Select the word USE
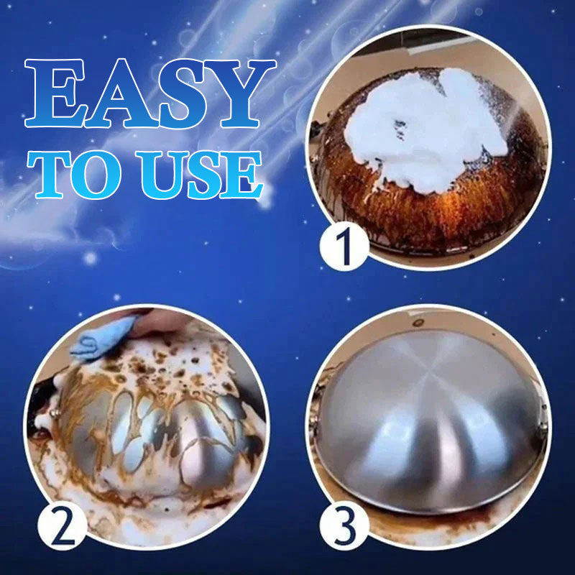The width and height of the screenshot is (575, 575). click(x=199, y=175)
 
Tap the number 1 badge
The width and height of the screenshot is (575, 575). click(x=344, y=246)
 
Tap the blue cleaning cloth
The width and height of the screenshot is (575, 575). click(x=101, y=337)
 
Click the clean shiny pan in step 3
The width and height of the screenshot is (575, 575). click(x=429, y=422)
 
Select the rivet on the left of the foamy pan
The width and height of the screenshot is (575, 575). click(x=56, y=413)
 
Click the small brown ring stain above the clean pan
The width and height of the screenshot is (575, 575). click(x=418, y=323)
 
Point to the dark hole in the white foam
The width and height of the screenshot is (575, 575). click(x=400, y=129)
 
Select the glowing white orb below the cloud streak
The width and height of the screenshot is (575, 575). click(x=90, y=258)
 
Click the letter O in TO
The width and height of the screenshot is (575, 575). click(x=96, y=175)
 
